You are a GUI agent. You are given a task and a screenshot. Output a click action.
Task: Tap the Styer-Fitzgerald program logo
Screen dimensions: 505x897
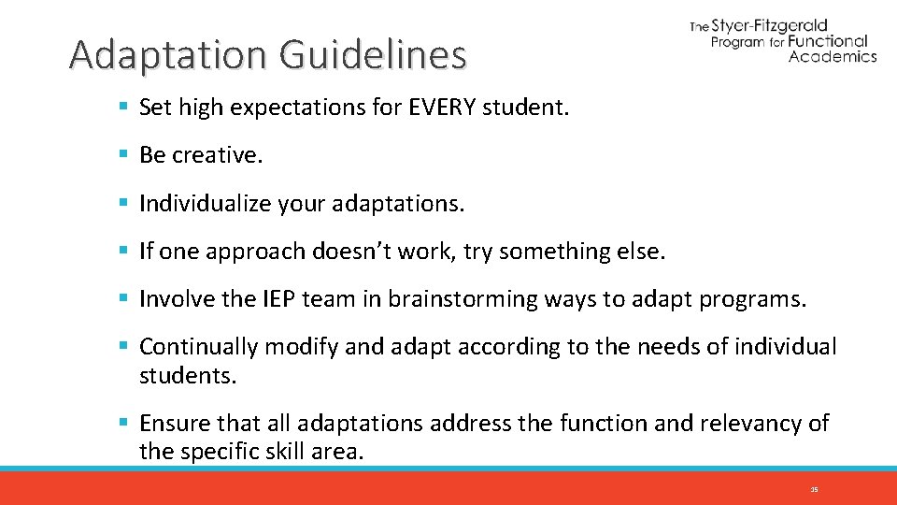(x=783, y=40)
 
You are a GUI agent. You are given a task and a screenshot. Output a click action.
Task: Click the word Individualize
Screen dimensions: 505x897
(x=205, y=203)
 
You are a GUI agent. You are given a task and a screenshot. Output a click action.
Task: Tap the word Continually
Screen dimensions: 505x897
(x=198, y=347)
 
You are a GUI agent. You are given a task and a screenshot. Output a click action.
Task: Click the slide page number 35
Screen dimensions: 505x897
(x=814, y=489)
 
